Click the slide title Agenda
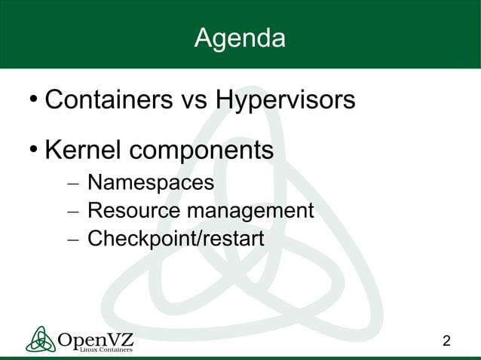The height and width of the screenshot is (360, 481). [240, 38]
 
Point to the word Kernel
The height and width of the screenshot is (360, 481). [84, 150]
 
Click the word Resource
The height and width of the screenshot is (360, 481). [133, 211]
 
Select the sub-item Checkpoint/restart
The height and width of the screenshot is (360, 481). [176, 239]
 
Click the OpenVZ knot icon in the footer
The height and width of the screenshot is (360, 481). [40, 339]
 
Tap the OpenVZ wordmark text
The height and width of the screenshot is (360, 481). [96, 338]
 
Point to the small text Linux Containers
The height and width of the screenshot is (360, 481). [106, 349]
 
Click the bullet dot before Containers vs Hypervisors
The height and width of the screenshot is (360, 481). [33, 100]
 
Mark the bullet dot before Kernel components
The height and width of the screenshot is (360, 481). [33, 151]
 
